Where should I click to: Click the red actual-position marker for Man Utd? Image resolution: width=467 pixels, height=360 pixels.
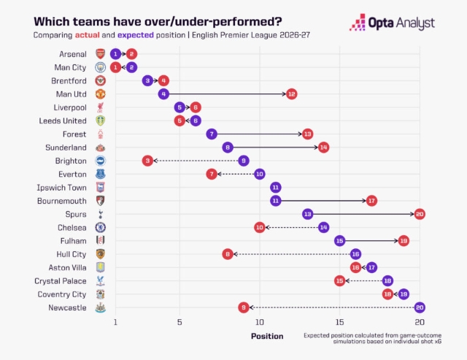pos(291,94)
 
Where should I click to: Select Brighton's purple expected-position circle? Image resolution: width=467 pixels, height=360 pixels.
pos(244,161)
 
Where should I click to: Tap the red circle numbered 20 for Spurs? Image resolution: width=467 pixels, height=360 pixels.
pos(420,214)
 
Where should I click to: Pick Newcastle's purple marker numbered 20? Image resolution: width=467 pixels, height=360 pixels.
pos(420,307)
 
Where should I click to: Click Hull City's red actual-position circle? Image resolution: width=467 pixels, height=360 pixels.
pos(228,254)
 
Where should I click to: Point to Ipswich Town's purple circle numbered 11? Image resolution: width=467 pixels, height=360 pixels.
pos(276,188)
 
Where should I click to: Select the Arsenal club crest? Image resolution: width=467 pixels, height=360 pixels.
pos(101,54)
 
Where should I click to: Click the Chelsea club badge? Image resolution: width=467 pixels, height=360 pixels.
pos(101,227)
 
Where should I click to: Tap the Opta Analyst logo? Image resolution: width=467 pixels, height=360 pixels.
pos(392,23)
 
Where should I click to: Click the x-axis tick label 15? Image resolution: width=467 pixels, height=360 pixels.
pos(339,322)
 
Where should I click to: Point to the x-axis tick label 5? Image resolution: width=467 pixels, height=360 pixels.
pos(180,322)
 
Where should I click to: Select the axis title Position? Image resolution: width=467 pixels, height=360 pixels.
pos(267,336)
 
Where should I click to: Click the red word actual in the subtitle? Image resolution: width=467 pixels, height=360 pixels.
pos(88,35)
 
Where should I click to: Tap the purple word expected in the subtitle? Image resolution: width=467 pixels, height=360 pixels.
pos(136,36)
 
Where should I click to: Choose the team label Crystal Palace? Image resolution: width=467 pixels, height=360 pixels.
pos(61,281)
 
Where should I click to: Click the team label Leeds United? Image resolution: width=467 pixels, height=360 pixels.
pos(63,120)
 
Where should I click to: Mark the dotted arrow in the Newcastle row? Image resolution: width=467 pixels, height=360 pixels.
pos(332,307)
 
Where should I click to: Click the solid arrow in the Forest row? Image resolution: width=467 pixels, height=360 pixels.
pos(260,134)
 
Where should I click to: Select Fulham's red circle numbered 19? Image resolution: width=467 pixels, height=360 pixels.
pos(404,241)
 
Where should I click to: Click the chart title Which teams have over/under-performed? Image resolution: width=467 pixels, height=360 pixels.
pos(158,22)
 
